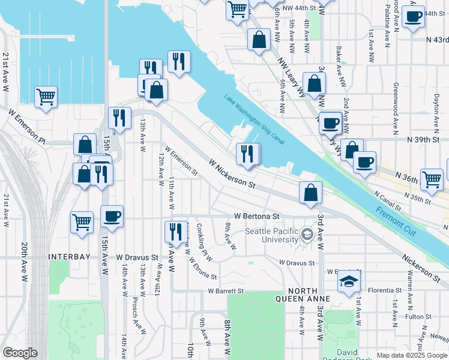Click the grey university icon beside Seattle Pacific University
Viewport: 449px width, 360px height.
click(308, 233)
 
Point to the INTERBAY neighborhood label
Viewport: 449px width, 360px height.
click(69, 257)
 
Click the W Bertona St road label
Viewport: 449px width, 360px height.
click(257, 216)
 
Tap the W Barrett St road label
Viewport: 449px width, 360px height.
click(226, 291)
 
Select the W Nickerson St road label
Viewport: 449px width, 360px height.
click(232, 172)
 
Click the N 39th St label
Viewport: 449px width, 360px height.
click(420, 139)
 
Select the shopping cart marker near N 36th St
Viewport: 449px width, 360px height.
click(432, 178)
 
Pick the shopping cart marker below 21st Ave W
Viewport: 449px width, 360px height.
click(46, 96)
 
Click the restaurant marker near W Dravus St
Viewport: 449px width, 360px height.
click(176, 231)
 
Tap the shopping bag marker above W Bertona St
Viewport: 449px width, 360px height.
click(310, 192)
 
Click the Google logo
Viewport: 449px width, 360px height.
click(20, 353)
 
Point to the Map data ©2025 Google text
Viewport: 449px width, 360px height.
click(411, 355)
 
